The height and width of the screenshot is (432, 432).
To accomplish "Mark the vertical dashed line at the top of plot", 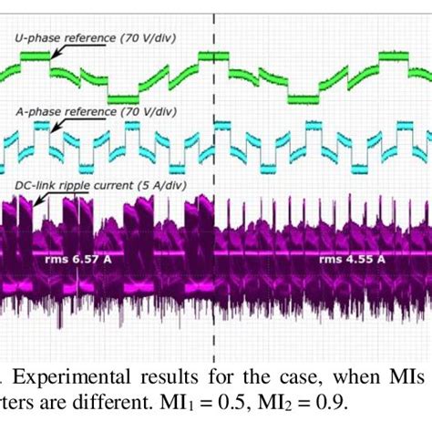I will (x=215, y=23).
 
